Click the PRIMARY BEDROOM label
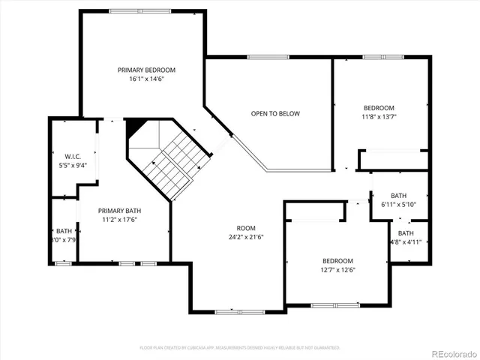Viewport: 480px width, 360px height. (142, 70)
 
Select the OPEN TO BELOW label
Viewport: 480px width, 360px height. (275, 114)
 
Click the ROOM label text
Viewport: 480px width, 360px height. (246, 228)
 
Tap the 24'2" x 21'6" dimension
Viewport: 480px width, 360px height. (246, 237)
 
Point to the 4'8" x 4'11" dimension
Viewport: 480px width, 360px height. (406, 242)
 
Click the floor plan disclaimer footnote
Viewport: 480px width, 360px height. (240, 348)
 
